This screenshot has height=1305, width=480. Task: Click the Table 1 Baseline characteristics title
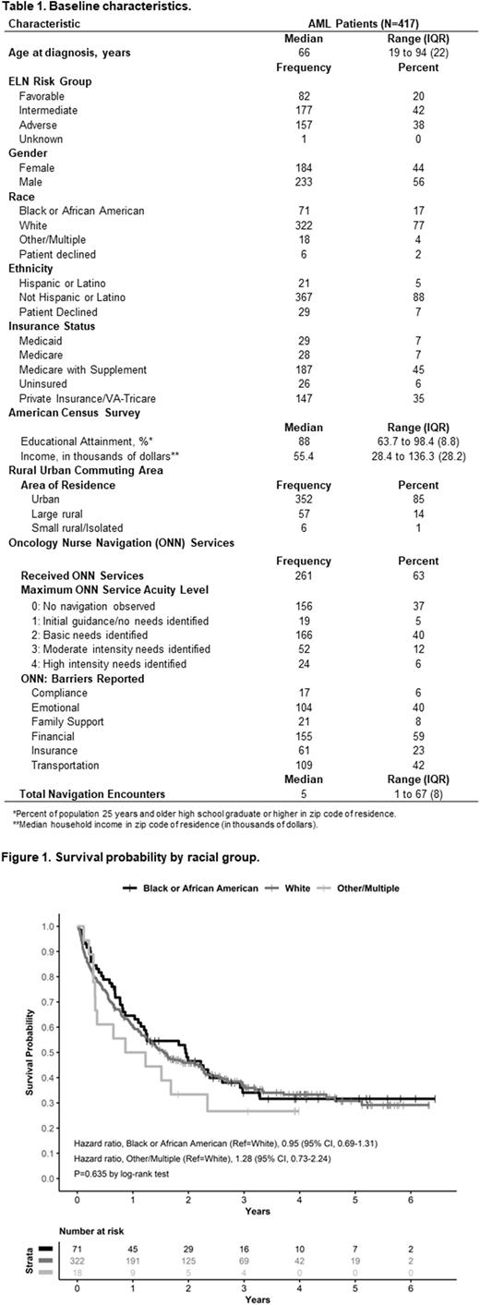pyautogui.click(x=87, y=6)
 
